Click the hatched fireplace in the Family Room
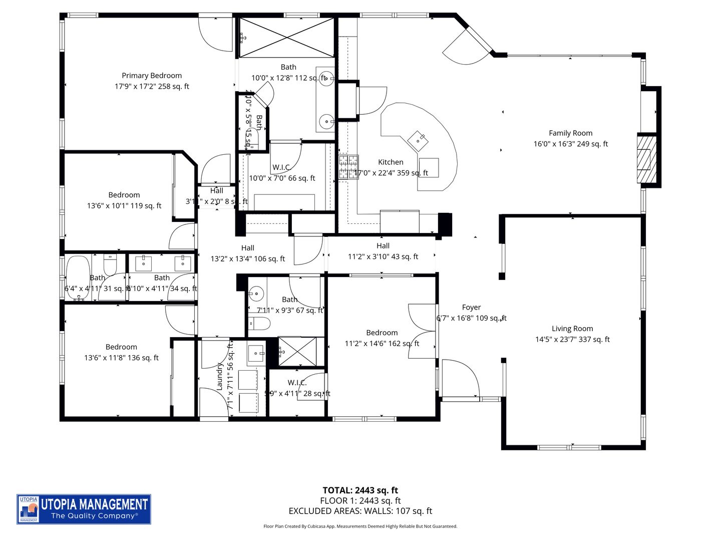coord(644,159)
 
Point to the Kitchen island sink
coord(417,140)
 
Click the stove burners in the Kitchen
coord(348,167)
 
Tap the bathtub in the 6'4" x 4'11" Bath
coord(78,278)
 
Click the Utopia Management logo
coord(84,509)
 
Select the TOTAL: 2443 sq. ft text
coord(360,490)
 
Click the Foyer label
coord(471,308)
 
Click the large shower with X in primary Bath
coord(286,38)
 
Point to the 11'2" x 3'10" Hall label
coord(383,246)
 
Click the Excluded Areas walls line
coord(360,511)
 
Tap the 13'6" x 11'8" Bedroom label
coord(121,347)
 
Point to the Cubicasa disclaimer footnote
coord(360,526)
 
